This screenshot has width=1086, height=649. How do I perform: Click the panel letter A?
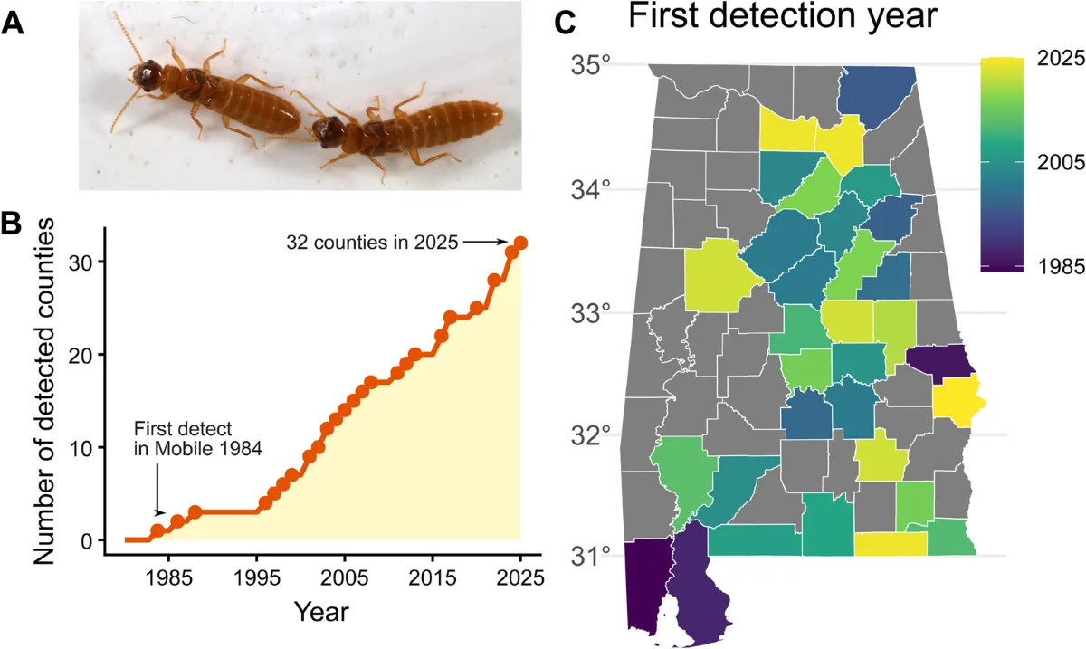click(13, 23)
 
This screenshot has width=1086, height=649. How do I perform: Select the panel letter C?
click(565, 23)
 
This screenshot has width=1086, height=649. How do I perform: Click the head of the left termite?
click(145, 75)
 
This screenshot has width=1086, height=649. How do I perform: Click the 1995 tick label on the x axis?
click(256, 578)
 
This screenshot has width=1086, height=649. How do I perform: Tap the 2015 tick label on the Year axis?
click(433, 578)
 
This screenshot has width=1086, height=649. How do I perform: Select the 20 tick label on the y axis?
click(81, 355)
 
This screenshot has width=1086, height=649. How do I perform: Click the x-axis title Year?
click(321, 611)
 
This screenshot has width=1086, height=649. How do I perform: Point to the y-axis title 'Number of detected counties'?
click(44, 391)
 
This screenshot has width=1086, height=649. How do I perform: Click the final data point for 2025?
click(520, 243)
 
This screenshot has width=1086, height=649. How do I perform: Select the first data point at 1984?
click(157, 530)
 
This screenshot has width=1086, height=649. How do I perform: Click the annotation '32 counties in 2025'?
click(372, 243)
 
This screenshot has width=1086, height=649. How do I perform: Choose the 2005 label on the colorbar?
click(1061, 163)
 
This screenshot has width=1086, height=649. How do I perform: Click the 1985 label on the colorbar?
click(1061, 266)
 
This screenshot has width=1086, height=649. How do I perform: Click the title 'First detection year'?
click(783, 16)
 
